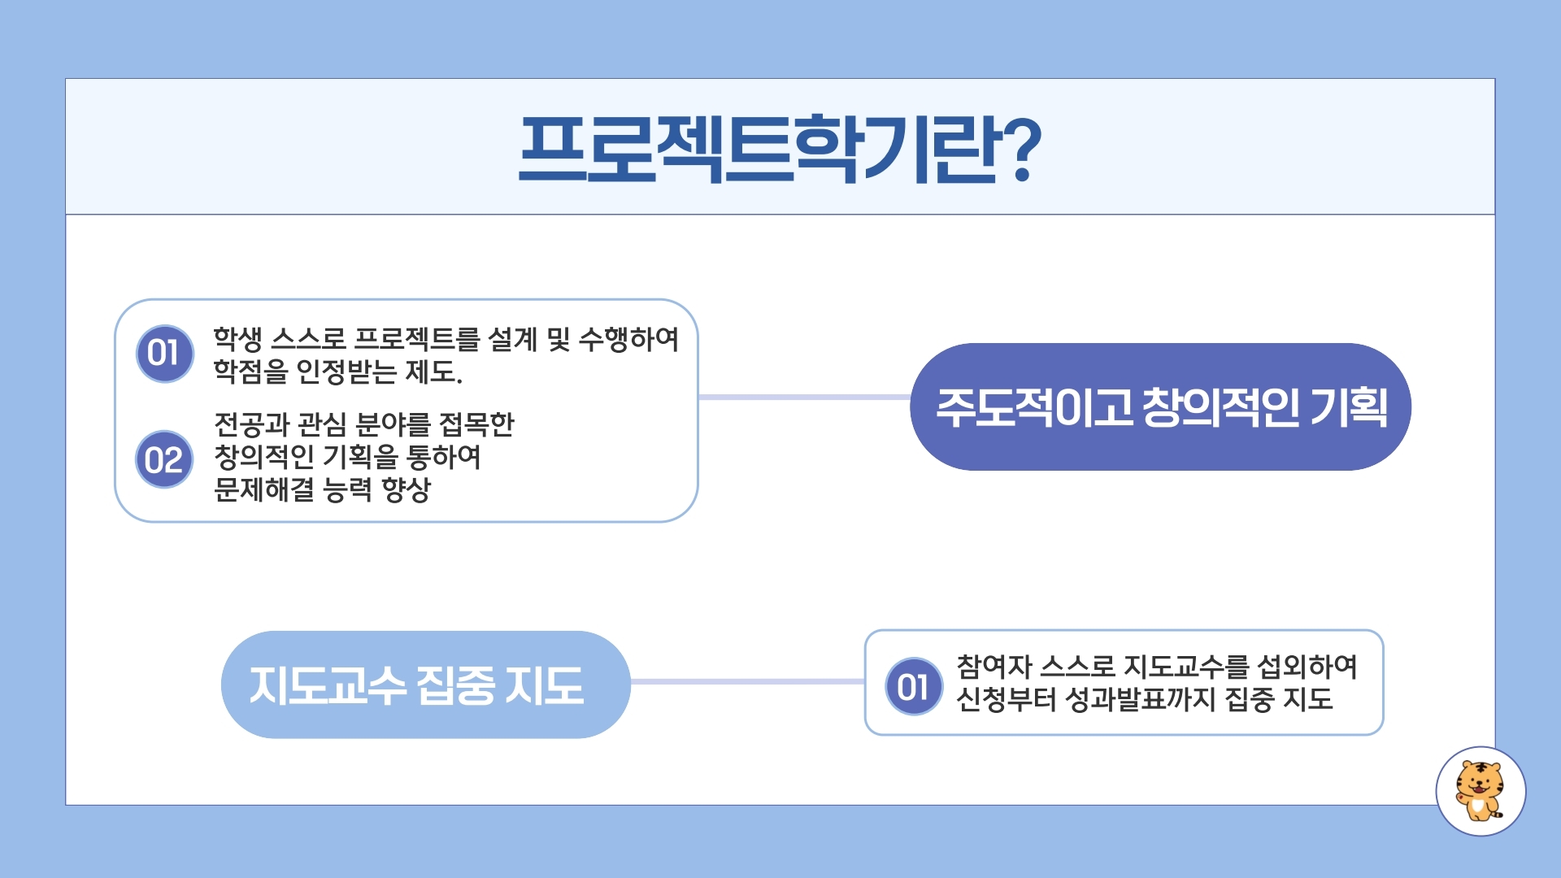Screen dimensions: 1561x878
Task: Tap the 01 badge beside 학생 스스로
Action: [165, 354]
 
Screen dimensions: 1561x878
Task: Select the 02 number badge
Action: [164, 459]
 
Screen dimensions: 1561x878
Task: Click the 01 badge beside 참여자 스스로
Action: [914, 686]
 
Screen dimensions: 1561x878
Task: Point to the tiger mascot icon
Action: [1480, 791]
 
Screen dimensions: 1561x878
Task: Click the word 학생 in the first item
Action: [237, 339]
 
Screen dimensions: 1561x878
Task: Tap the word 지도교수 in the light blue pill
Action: [328, 685]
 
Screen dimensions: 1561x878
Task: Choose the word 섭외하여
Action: [1307, 667]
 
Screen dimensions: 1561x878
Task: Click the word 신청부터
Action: [1006, 699]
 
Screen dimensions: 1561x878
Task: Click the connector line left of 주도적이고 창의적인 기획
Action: [804, 397]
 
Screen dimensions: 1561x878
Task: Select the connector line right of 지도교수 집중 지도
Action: [747, 681]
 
